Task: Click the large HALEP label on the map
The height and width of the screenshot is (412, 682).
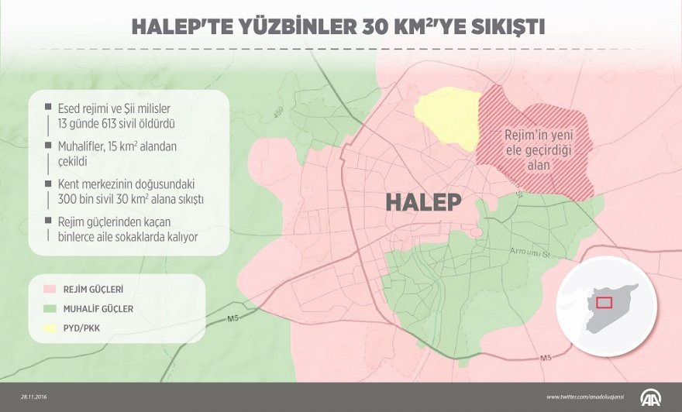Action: pos(423,202)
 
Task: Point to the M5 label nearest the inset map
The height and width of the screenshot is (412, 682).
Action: pos(546,358)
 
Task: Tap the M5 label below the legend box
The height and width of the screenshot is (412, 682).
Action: pos(233,318)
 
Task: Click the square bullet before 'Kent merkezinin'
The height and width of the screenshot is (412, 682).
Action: pos(47,184)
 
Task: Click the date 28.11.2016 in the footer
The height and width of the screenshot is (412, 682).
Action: pos(35,397)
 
